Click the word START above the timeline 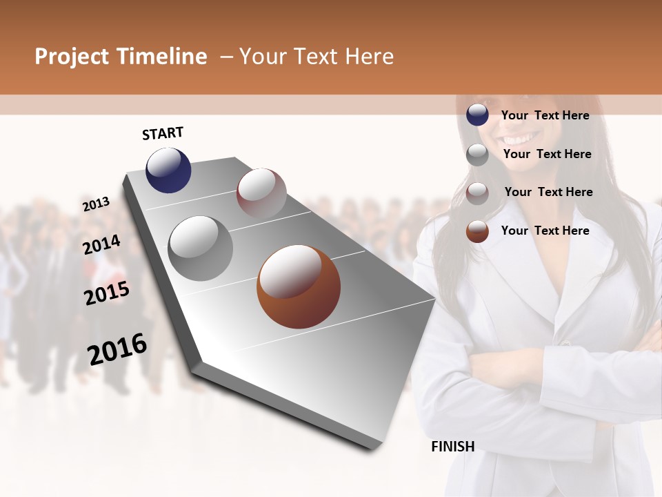pos(163,133)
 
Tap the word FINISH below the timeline pos(452,447)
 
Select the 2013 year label pos(96,204)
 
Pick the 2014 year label pos(101,244)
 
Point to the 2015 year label pos(107,293)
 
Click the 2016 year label pos(117,349)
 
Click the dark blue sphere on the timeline pos(168,170)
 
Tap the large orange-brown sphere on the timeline pos(299,286)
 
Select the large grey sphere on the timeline pos(200,248)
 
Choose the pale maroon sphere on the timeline pos(261,193)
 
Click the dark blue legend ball pos(477,115)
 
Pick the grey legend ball pos(477,155)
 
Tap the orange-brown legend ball pos(477,231)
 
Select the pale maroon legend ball pos(477,193)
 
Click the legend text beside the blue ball pos(545,115)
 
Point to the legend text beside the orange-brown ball pos(545,231)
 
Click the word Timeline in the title pos(161,57)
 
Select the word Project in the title pos(71,57)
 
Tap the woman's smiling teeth pos(524,139)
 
